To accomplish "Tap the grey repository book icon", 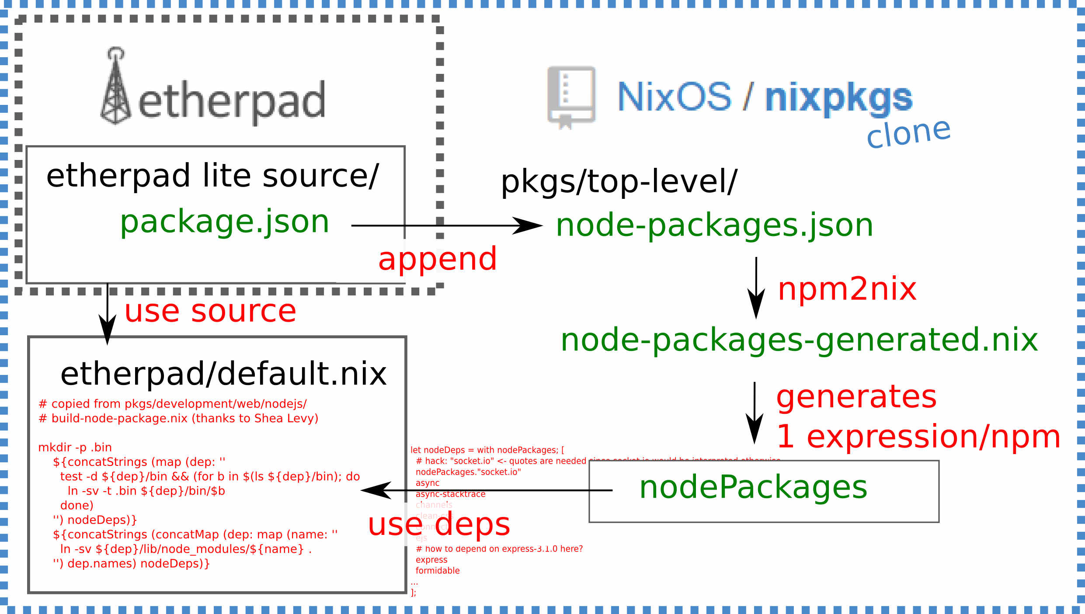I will pos(571,97).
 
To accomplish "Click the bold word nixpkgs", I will pos(838,98).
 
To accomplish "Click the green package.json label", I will pos(224,222).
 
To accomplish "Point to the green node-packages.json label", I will pos(714,225).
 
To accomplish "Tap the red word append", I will pos(437,259).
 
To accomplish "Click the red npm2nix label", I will pos(847,289).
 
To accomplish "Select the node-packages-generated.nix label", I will pos(799,340).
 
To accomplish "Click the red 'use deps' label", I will pos(439,524).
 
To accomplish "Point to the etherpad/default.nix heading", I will pos(223,374).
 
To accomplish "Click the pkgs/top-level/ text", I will pos(619,182).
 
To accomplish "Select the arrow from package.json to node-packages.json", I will pos(446,226).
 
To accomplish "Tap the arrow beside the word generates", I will pos(754,413).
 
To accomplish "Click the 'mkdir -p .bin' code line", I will pos(75,447).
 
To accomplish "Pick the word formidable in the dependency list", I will pos(438,571).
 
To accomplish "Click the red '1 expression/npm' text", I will pos(918,437).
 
